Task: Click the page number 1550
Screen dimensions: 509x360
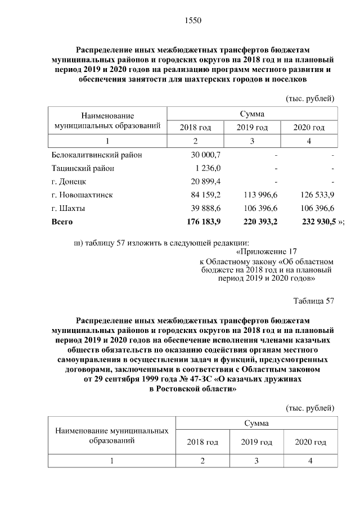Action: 192,21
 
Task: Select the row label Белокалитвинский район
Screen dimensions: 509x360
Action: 97,155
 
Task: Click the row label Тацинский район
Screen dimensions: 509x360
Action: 83,168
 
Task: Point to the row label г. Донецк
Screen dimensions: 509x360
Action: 68,182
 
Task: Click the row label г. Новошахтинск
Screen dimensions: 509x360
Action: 82,195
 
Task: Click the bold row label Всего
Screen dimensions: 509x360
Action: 62,222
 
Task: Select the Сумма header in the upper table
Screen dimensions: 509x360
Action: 251,114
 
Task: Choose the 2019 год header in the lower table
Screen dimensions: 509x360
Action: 256,442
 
